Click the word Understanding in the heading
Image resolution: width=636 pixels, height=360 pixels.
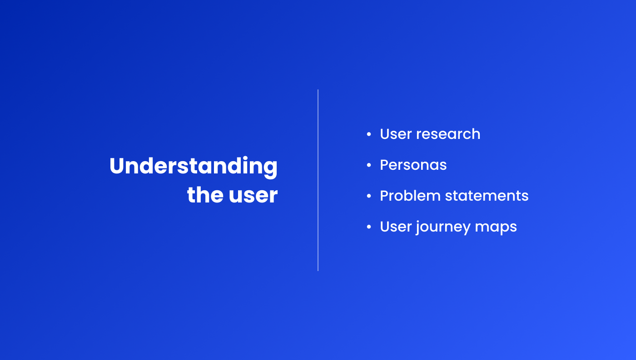194,167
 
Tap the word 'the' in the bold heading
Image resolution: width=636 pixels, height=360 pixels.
205,195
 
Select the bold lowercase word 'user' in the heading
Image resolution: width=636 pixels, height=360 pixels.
253,196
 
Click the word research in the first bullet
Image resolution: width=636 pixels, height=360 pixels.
448,134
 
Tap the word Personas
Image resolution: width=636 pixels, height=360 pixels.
413,165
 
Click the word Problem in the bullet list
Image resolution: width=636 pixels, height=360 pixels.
410,196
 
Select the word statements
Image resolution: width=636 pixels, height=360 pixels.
487,196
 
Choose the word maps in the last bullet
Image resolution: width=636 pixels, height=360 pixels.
496,228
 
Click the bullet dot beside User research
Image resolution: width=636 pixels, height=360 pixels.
369,134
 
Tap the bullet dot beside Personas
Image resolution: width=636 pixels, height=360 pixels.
369,165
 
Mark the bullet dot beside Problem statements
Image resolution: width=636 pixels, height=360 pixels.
369,196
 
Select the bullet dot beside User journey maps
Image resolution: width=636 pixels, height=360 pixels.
369,227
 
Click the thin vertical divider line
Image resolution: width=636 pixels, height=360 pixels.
318,180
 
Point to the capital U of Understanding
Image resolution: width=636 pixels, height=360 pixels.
117,166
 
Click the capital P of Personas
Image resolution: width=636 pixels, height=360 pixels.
385,165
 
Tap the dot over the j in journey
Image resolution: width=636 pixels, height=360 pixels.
418,221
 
